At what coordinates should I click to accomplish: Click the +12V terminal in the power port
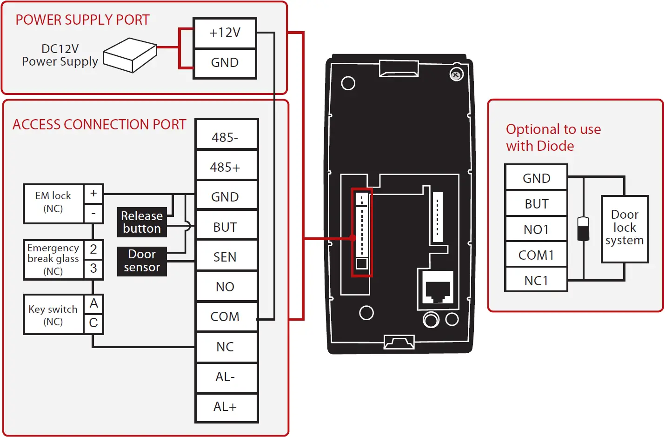[225, 33]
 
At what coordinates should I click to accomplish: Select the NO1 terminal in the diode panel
[536, 229]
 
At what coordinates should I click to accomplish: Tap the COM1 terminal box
[536, 255]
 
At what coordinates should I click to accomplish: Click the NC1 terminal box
[536, 280]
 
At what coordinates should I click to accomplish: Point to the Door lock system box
[625, 229]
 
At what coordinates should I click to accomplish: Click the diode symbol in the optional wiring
[583, 229]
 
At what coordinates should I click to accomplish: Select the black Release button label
[142, 222]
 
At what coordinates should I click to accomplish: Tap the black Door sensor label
[142, 261]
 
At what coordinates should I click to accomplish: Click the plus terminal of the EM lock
[93, 194]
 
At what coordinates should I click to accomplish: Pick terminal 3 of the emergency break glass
[93, 269]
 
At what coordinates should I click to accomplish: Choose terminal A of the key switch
[93, 303]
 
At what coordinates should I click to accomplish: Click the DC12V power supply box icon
[130, 55]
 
